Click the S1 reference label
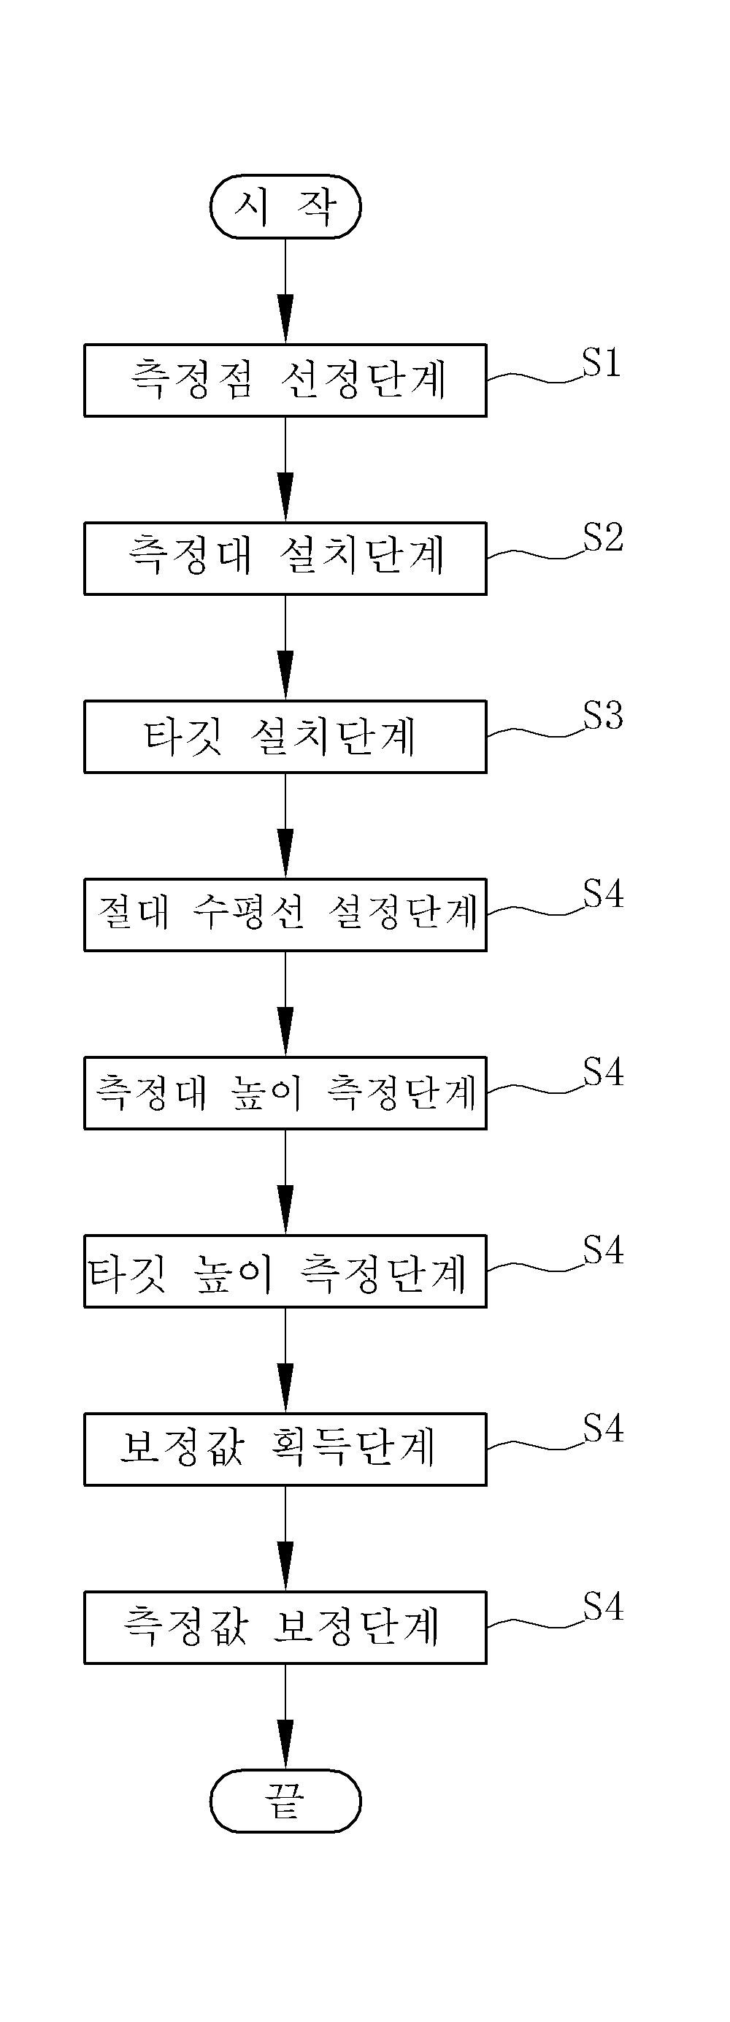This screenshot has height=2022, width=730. pos(602,362)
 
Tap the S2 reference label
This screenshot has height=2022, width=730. pos(603,537)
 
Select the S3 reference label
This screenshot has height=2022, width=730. pos(603,715)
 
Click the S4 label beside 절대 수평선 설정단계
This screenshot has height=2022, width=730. pos(603,893)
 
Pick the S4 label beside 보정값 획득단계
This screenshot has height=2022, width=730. pos(603,1428)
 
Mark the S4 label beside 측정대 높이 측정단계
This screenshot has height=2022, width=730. pos(603,1071)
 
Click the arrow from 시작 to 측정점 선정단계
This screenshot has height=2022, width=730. pos(285,291)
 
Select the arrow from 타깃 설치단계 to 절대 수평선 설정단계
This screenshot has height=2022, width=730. pos(285,826)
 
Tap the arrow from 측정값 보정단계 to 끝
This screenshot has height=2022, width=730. pos(285,1717)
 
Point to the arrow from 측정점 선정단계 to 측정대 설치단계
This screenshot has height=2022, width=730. pos(285,470)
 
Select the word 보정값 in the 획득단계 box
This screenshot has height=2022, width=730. pos(182,1447)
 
